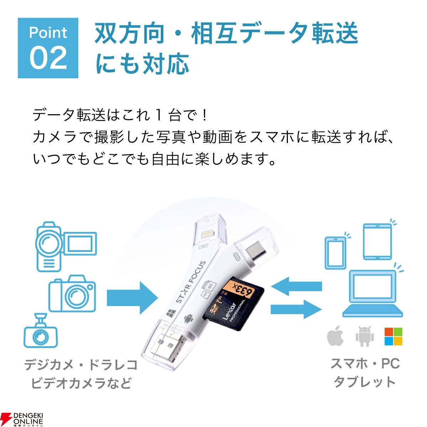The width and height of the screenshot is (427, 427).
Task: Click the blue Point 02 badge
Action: point(48,48)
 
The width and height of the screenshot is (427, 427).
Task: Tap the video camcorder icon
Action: point(66,247)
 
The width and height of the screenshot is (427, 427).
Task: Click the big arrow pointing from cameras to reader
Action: point(132,297)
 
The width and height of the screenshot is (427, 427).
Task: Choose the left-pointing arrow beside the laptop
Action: point(296,286)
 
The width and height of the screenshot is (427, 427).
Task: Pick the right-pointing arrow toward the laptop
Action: point(296,309)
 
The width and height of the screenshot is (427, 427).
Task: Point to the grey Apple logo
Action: point(335,336)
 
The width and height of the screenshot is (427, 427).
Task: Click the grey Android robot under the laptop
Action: point(364,336)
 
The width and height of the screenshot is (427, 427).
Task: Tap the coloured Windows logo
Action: point(393,336)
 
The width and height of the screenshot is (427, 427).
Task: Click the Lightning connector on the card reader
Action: point(207,234)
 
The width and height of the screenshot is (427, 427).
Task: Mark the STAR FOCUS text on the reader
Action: point(190,281)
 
